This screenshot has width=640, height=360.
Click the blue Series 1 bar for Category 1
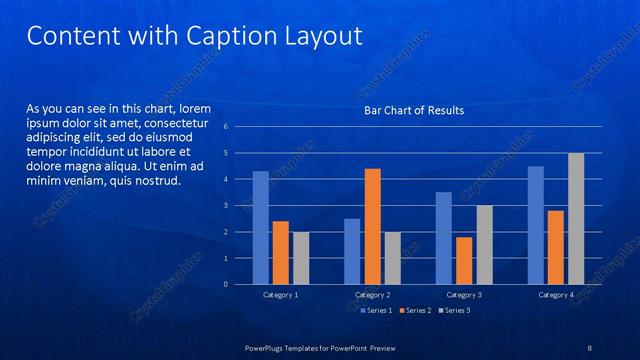pos(260,228)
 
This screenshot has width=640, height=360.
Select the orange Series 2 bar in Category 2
pos(372,226)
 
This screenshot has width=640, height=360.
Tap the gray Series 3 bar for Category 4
pos(576,218)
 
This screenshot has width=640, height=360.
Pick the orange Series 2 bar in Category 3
pos(464,260)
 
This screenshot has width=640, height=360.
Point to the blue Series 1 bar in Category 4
pos(536,225)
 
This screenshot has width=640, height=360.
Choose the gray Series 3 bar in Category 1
pos(300,258)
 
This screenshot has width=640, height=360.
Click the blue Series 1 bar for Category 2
pos(352,251)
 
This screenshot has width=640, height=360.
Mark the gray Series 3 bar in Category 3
pos(484,245)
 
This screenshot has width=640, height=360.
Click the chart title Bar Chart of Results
pos(413,110)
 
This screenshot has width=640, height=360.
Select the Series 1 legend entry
pos(376,310)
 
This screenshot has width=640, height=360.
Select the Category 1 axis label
pos(280,295)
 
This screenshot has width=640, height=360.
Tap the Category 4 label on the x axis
pos(556,295)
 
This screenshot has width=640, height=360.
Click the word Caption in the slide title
pos(221,36)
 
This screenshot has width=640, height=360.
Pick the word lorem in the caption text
pos(193,107)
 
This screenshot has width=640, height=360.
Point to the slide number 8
pos(590,347)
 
